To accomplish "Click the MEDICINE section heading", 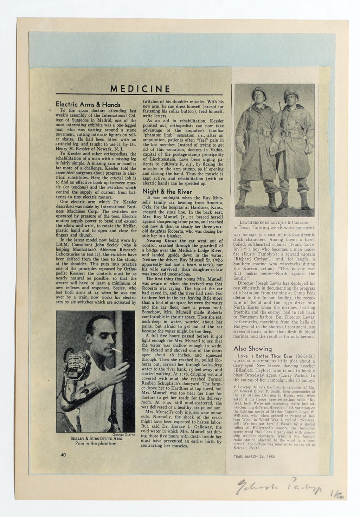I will pos(140,88).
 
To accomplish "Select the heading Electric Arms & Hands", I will pos(88,104).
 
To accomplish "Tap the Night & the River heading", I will pos(167,192).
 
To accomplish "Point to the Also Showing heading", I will pos(252,348).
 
